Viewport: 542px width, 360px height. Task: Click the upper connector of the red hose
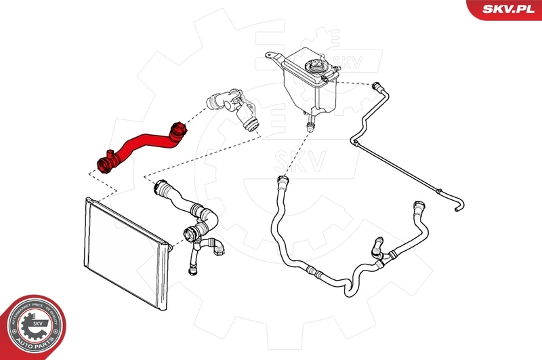[179, 129]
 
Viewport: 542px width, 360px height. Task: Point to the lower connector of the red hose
[104, 163]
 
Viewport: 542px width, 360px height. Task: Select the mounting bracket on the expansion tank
[274, 58]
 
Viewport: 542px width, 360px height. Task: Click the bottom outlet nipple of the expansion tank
[311, 122]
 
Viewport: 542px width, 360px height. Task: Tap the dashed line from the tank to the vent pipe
[352, 83]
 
